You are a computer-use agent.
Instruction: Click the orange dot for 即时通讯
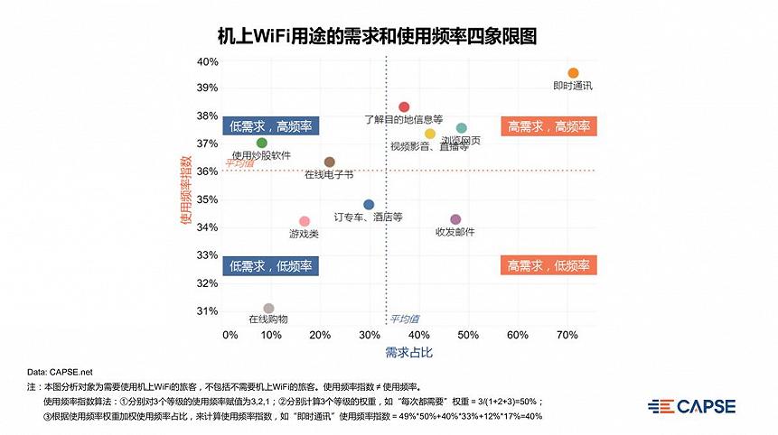(573, 73)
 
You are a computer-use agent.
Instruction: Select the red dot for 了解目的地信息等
(404, 107)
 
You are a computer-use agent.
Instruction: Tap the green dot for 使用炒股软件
(262, 143)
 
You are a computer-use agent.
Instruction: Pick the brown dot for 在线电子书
(329, 162)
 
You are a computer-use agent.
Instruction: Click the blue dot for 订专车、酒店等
(369, 205)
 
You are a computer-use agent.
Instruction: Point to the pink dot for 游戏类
(305, 221)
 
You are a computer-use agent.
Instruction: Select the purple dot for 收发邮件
(455, 219)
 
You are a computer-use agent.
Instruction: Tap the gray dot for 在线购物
(268, 309)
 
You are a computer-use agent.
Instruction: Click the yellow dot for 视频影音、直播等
(430, 134)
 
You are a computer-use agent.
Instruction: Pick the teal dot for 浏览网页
(462, 128)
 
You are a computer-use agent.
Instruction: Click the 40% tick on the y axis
(208, 61)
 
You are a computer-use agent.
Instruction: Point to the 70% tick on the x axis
(567, 336)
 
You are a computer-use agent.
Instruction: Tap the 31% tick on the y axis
(208, 311)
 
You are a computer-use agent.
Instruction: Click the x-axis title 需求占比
(409, 352)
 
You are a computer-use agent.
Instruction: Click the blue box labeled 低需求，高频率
(271, 126)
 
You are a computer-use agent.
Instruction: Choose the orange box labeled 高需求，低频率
(548, 265)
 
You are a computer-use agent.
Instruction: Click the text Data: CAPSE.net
(60, 371)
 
